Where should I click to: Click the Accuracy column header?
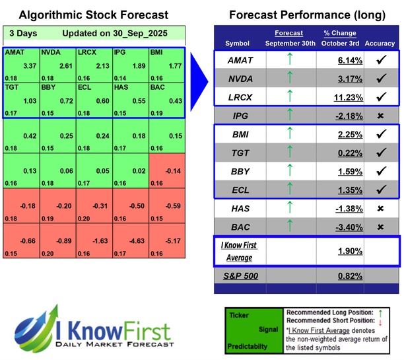[380, 44]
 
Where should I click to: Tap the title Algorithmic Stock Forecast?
[93, 15]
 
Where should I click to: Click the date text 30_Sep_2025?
[146, 33]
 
